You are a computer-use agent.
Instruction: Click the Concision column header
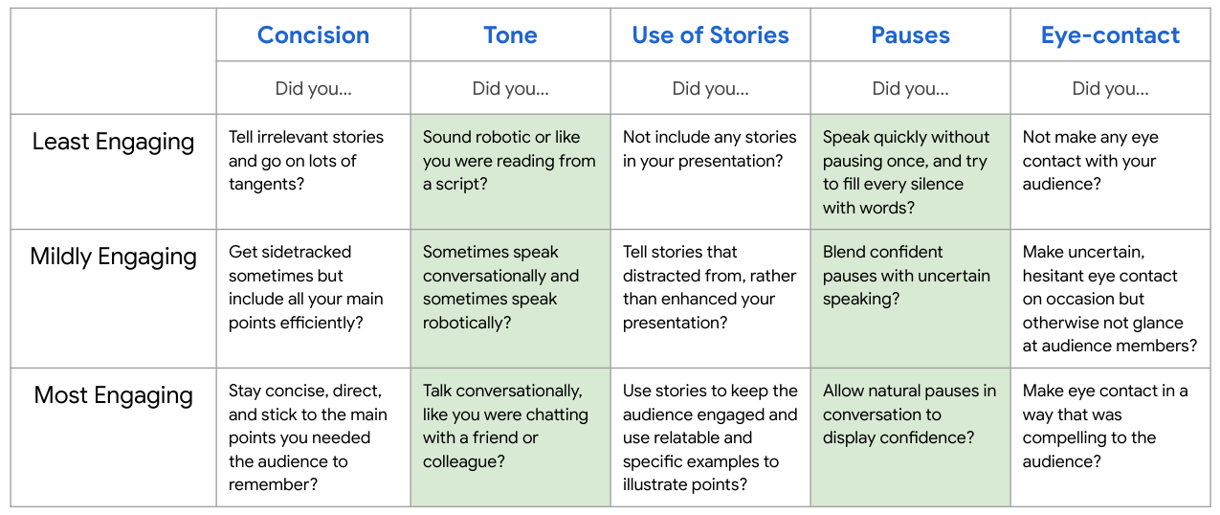(x=313, y=34)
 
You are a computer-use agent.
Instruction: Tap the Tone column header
(x=510, y=34)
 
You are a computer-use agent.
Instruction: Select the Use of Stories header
(x=710, y=34)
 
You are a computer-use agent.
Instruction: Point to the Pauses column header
(x=910, y=34)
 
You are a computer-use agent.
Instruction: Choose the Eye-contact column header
(x=1110, y=34)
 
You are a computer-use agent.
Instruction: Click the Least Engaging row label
(x=113, y=142)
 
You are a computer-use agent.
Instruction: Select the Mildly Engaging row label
(x=113, y=257)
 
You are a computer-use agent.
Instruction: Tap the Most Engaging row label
(x=113, y=395)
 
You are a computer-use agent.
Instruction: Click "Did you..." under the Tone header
(x=510, y=88)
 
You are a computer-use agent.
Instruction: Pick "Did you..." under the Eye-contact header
(x=1110, y=88)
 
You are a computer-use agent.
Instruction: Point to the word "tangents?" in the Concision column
(x=266, y=184)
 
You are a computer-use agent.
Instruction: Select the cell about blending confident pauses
(x=910, y=299)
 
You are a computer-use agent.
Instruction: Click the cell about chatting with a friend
(x=510, y=437)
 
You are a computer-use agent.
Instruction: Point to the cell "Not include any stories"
(x=710, y=171)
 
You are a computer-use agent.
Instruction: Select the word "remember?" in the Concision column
(x=273, y=484)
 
